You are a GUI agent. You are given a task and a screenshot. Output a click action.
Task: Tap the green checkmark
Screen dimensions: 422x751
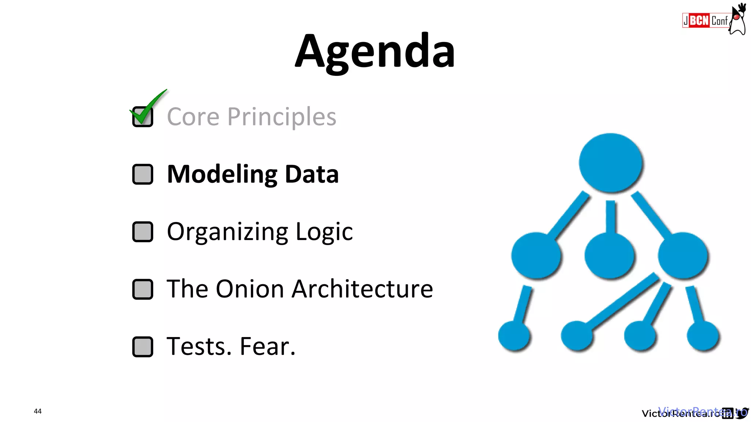[x=147, y=108]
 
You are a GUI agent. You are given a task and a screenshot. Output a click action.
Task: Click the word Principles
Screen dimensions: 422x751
[x=282, y=117]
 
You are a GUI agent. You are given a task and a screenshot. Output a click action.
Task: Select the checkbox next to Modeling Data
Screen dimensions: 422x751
[x=143, y=174]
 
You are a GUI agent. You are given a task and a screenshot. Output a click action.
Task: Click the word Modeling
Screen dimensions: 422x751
[x=222, y=174]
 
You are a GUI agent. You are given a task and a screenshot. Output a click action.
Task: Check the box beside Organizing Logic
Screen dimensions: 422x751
[x=143, y=232]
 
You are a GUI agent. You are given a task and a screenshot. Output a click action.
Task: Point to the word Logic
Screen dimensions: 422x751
[x=324, y=232]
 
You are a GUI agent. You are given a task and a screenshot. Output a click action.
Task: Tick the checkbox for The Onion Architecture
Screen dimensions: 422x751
[x=143, y=289]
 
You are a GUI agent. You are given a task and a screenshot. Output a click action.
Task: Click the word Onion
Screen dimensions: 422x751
[x=250, y=289]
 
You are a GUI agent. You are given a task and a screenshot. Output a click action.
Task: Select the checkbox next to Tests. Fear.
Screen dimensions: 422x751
[x=143, y=347]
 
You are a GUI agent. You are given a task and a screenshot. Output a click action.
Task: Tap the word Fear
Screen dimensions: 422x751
[x=267, y=347]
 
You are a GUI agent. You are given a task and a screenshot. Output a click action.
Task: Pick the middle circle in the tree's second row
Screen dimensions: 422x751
[x=609, y=255]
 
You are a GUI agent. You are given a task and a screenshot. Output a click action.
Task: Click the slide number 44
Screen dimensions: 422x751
[x=38, y=411]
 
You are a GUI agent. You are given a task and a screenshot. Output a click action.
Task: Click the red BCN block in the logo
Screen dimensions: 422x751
[x=699, y=21]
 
